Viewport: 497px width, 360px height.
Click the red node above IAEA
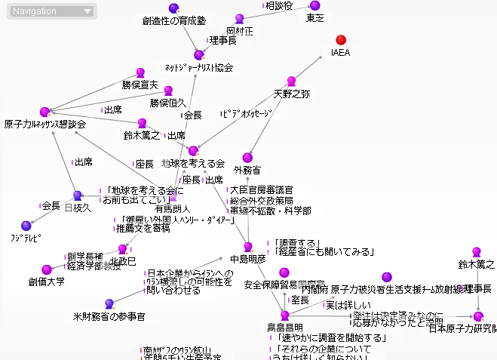pyautogui.click(x=341, y=39)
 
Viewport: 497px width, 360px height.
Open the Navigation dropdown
pyautogui.click(x=52, y=11)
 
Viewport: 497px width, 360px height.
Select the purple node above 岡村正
pyautogui.click(x=240, y=19)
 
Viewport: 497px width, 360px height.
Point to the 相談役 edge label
pyautogui.click(x=279, y=6)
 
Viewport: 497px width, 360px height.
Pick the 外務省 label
pyautogui.click(x=247, y=170)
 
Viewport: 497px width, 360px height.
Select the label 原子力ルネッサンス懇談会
pyautogui.click(x=44, y=125)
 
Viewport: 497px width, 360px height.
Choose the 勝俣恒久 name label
pyautogui.click(x=167, y=102)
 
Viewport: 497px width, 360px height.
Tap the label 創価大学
pyautogui.click(x=47, y=282)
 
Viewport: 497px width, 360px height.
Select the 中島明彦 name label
pyautogui.click(x=248, y=259)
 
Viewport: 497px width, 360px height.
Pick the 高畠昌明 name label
pyautogui.click(x=285, y=328)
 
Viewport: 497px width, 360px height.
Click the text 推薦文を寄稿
pyautogui.click(x=143, y=228)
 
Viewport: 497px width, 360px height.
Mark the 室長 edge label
pyautogui.click(x=300, y=300)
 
